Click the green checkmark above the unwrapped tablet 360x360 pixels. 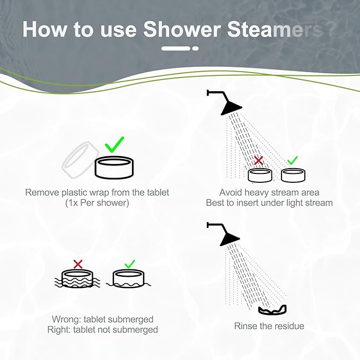tap(115, 144)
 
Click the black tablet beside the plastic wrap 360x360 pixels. tap(114, 168)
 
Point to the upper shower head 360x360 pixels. tap(229, 104)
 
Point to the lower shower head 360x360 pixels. tap(229, 235)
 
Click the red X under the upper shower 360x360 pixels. tap(259, 160)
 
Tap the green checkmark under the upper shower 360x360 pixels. tap(292, 160)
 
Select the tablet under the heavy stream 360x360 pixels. tap(260, 175)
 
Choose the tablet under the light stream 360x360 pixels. tap(293, 174)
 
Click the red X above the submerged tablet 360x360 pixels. tap(78, 264)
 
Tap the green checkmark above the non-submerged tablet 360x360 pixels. tap(129, 264)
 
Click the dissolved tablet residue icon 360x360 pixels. tap(272, 310)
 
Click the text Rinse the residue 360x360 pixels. tap(269, 326)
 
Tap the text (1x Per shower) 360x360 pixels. tap(97, 203)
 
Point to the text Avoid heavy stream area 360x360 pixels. tap(269, 192)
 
